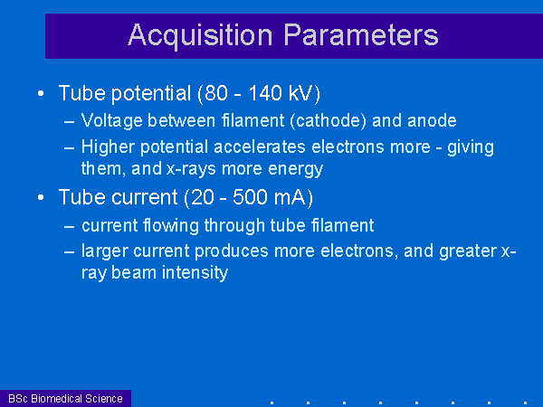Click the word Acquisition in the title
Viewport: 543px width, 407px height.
[200, 36]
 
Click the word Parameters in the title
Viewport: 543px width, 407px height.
[361, 35]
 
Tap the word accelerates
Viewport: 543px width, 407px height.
[260, 147]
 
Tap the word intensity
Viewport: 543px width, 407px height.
[195, 273]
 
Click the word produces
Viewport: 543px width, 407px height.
[232, 251]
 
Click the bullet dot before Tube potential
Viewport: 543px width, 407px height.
[41, 93]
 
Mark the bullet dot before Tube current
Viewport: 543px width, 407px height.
[41, 197]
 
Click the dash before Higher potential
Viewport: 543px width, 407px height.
[70, 147]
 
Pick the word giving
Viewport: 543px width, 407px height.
[471, 147]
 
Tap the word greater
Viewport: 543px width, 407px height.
[468, 251]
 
